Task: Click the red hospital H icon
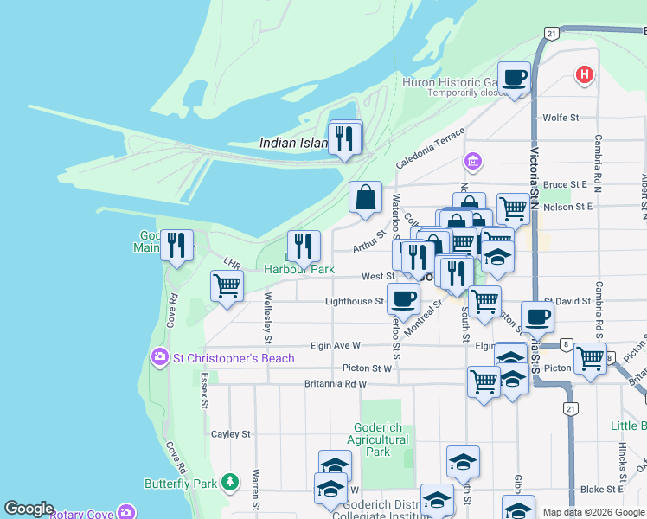pos(586,76)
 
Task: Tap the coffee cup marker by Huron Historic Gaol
pos(515,79)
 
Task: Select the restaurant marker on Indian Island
pos(345,138)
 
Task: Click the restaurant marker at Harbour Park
pos(304,247)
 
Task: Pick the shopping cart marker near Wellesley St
pos(227,286)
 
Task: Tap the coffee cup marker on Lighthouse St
pos(403,300)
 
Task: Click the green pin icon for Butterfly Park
pos(229,482)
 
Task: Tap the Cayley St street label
pos(231,434)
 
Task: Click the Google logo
pos(29,509)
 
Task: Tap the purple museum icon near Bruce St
pos(472,162)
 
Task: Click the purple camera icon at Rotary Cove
pos(127,512)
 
